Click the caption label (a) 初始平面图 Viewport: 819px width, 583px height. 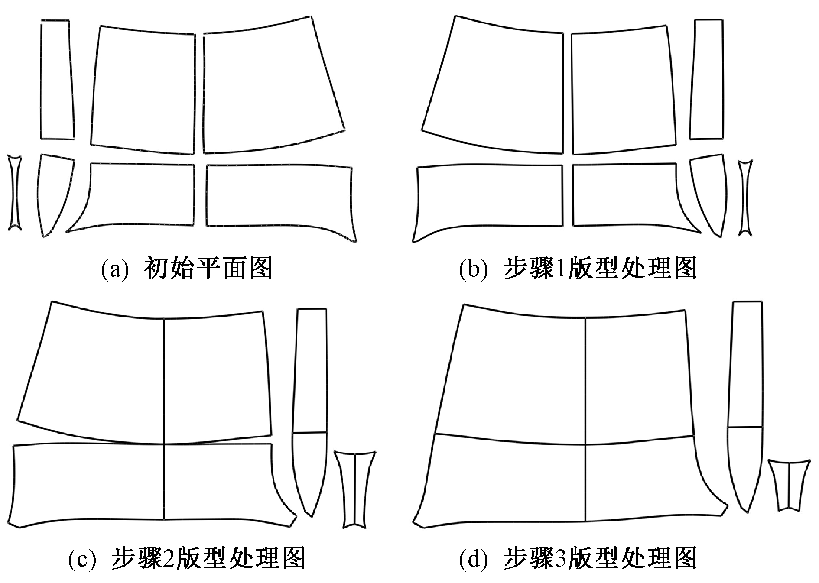(x=186, y=269)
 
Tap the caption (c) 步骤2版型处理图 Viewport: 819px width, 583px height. (x=186, y=558)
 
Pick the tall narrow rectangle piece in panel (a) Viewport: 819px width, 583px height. (x=56, y=80)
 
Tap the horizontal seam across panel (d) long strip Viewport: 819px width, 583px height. (x=745, y=427)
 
